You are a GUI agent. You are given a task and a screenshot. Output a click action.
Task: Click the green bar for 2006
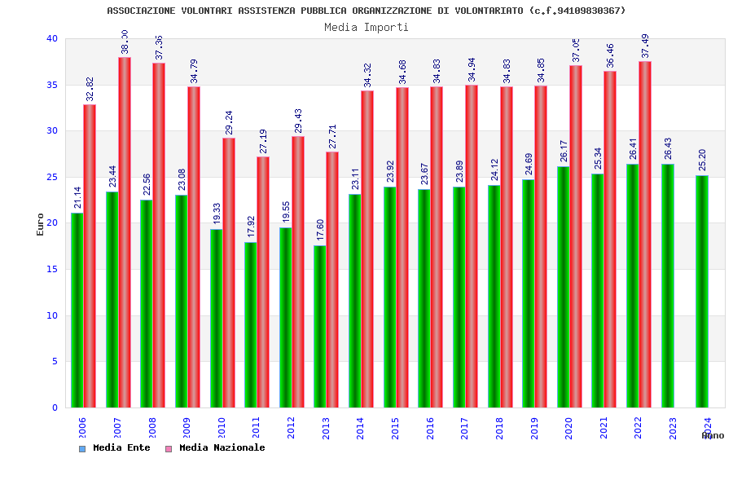pos(77,310)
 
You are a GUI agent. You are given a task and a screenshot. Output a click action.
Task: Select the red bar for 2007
pos(125,232)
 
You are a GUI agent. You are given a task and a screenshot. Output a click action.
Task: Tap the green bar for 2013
pos(319,326)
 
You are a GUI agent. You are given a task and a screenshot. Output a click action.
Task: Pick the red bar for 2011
pos(263,282)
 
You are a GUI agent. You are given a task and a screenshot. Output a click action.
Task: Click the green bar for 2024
pos(702,291)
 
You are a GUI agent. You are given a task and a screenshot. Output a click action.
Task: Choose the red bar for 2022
pos(645,234)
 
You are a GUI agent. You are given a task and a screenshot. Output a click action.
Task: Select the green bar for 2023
pos(667,285)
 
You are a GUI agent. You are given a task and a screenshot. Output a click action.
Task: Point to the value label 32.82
pos(90,89)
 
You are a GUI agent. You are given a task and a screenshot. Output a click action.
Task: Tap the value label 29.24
pos(229,122)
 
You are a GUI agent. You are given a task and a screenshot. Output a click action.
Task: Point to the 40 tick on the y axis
pos(52,38)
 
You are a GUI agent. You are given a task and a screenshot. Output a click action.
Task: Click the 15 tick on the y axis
pos(52,269)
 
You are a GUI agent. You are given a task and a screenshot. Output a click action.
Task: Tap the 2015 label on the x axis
pos(395,429)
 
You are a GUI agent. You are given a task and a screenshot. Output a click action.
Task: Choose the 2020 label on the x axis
pos(568,429)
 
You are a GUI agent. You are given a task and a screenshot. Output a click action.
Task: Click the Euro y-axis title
pos(41,224)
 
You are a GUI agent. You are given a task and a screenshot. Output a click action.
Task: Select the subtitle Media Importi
pos(366,27)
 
